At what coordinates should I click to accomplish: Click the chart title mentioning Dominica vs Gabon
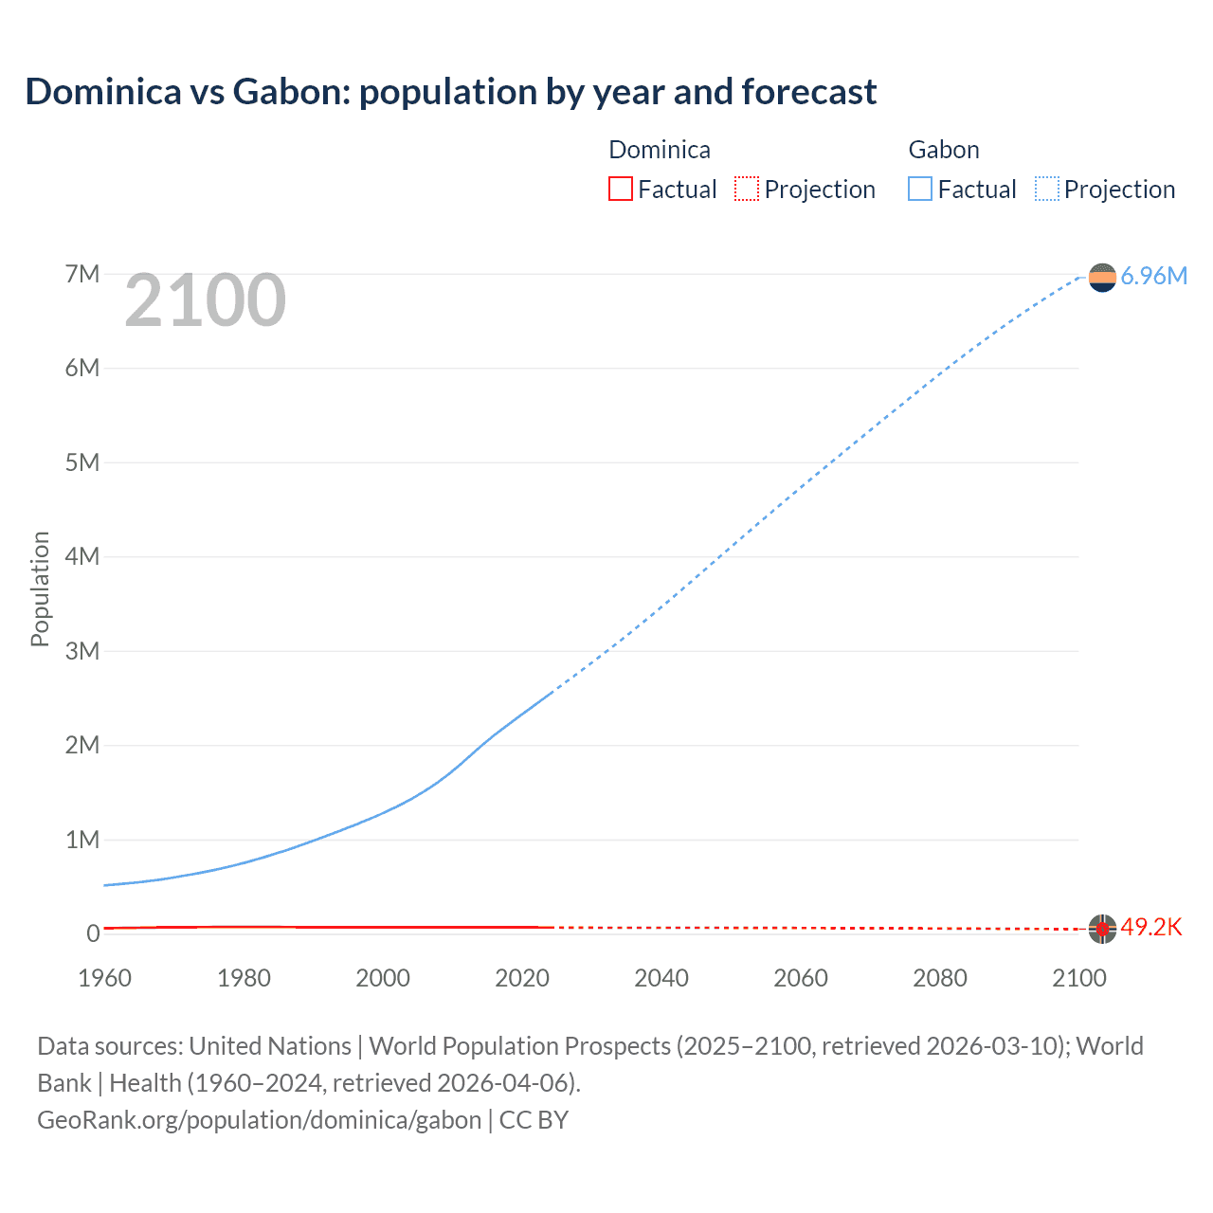(451, 92)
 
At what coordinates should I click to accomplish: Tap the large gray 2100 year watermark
(205, 300)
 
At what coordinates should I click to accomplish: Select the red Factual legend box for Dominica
(620, 189)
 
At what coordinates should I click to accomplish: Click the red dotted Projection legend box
(747, 189)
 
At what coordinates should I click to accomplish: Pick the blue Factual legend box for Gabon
(920, 189)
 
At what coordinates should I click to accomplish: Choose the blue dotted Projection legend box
(1047, 189)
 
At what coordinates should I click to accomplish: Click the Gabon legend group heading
(944, 150)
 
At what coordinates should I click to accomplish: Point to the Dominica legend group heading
(660, 150)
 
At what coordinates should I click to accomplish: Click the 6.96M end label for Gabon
(1153, 276)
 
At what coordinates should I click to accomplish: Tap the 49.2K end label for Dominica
(1151, 927)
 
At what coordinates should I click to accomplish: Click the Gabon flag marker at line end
(1102, 277)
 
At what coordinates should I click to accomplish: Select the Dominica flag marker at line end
(1102, 929)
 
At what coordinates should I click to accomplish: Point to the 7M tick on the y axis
(82, 274)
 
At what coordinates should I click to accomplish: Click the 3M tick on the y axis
(82, 651)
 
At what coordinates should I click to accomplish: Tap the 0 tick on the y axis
(93, 933)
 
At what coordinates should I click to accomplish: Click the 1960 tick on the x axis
(104, 978)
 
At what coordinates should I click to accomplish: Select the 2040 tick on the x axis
(661, 978)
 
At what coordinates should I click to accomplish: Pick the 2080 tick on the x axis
(940, 978)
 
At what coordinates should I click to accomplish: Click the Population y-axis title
(40, 588)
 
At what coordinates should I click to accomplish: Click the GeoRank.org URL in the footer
(260, 1120)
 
